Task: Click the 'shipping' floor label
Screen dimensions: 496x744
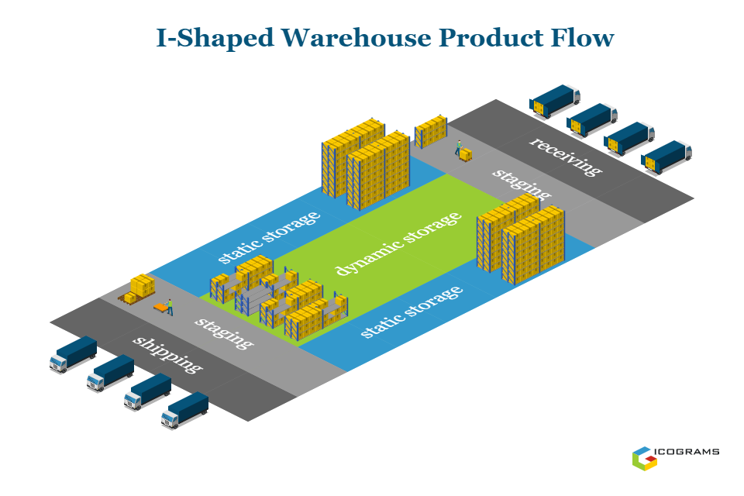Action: pyautogui.click(x=167, y=355)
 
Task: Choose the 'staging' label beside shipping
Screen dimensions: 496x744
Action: pyautogui.click(x=223, y=332)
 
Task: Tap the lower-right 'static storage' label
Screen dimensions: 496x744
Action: pyautogui.click(x=412, y=312)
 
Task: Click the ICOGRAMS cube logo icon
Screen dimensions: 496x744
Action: pyautogui.click(x=644, y=457)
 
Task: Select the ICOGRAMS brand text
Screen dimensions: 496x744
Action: pyautogui.click(x=690, y=452)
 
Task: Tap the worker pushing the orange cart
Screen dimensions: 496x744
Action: pyautogui.click(x=170, y=306)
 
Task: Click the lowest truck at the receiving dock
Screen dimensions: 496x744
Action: pyautogui.click(x=666, y=156)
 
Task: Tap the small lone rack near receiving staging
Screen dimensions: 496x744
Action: pyautogui.click(x=430, y=131)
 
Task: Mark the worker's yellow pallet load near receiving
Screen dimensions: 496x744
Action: pyautogui.click(x=466, y=155)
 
